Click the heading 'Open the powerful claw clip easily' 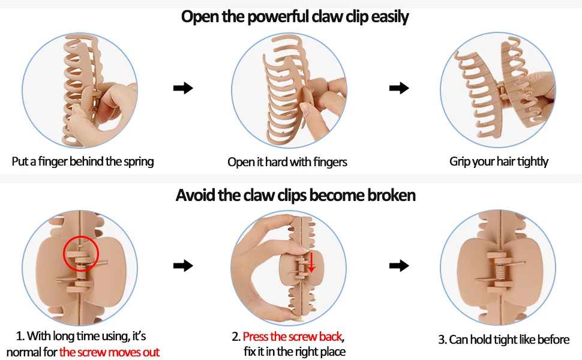(x=295, y=17)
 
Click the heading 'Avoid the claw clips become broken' (x=295, y=196)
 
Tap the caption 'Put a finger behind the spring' (x=83, y=161)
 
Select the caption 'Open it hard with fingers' (x=287, y=162)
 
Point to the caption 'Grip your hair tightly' (x=499, y=161)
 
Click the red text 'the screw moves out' (x=109, y=352)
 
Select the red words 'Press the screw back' (x=292, y=337)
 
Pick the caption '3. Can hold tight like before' (x=503, y=340)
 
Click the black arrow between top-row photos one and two (x=183, y=89)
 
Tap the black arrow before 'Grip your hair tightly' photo (x=399, y=89)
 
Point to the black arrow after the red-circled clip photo (x=183, y=265)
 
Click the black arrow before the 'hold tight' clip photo (x=399, y=265)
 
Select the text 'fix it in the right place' (x=295, y=352)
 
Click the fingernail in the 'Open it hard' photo (x=306, y=109)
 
